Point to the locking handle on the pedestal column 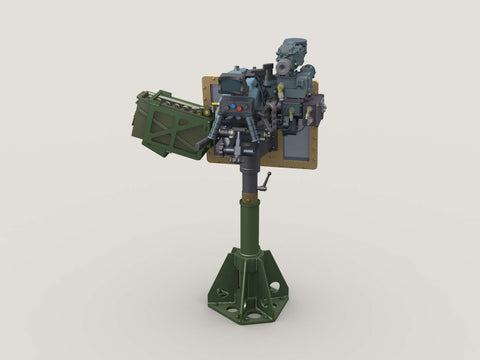[x=264, y=183]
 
